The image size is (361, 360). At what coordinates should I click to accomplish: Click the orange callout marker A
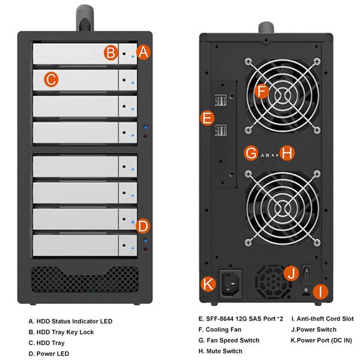coord(143,52)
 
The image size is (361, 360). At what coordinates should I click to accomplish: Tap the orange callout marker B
coord(110,53)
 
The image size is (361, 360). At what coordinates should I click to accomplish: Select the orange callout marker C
coord(51,78)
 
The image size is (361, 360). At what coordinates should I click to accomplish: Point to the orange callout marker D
coord(143,226)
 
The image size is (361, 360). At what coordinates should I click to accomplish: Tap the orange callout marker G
coord(252,153)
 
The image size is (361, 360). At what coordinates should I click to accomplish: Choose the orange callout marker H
coord(287,153)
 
